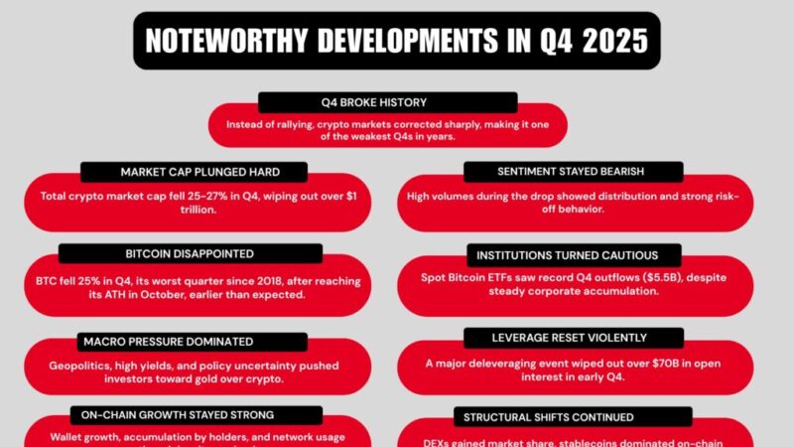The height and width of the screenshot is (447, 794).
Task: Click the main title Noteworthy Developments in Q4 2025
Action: click(397, 41)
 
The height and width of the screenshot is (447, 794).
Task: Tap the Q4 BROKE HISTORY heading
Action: click(387, 102)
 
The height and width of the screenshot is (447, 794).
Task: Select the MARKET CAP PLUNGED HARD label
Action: click(180, 172)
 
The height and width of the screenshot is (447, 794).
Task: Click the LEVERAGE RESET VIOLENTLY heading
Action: click(570, 338)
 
